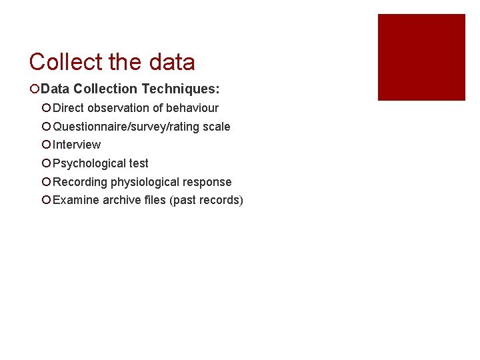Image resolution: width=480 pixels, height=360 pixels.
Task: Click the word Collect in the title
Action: (x=65, y=62)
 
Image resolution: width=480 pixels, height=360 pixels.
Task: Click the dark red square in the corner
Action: (x=421, y=57)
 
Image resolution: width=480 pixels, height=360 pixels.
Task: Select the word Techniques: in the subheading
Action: (x=181, y=89)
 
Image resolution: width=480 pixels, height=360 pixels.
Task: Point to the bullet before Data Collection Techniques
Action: (x=34, y=89)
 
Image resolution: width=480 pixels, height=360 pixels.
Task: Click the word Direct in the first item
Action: (x=69, y=108)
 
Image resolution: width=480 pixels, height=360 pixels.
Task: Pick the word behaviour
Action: (x=192, y=108)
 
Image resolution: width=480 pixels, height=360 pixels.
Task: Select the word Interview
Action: (x=77, y=145)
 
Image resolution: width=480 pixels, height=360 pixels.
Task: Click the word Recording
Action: (x=80, y=182)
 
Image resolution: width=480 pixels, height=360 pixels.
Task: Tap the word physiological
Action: (x=146, y=182)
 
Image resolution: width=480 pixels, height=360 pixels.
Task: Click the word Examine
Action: (x=76, y=200)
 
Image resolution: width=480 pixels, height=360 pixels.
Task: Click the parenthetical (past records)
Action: (x=207, y=200)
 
